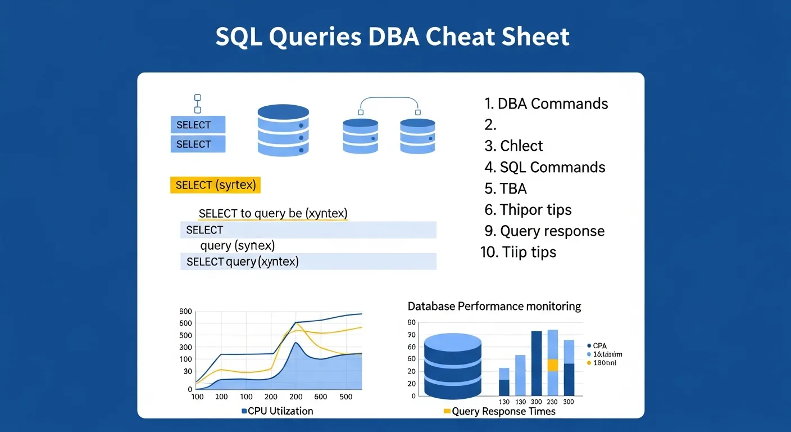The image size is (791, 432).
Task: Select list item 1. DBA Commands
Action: point(546,103)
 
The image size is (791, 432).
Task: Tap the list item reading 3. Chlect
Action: point(513,146)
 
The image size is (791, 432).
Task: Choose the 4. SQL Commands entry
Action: point(544,167)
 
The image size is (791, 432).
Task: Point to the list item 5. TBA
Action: point(506,188)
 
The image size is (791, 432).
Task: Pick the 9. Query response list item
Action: point(544,231)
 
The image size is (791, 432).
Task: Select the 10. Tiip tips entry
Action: point(518,252)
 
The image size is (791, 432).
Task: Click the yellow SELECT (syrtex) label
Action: point(216,185)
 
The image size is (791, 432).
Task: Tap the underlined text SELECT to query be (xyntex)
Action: point(273,214)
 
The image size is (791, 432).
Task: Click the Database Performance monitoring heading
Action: point(494,307)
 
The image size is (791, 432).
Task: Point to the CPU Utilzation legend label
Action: point(277,411)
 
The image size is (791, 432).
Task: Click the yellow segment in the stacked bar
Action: point(552,365)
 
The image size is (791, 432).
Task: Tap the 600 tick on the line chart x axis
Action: point(321,397)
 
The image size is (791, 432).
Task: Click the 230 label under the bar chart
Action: point(552,402)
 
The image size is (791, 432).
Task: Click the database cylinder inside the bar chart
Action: point(453,366)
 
